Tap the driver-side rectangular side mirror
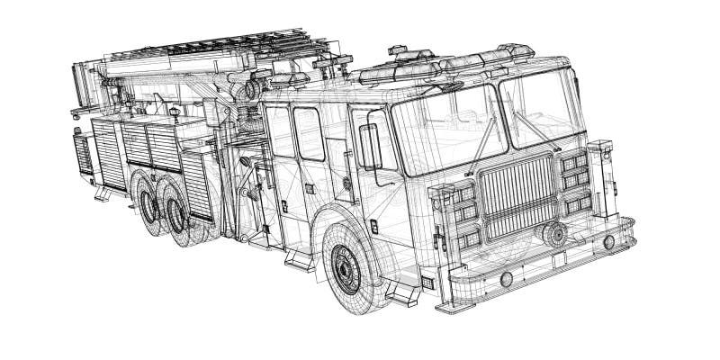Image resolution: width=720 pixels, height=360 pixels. click(x=369, y=146)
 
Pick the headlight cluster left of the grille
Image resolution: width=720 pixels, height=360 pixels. click(x=457, y=217)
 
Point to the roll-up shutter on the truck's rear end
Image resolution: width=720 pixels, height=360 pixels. click(x=82, y=155)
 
